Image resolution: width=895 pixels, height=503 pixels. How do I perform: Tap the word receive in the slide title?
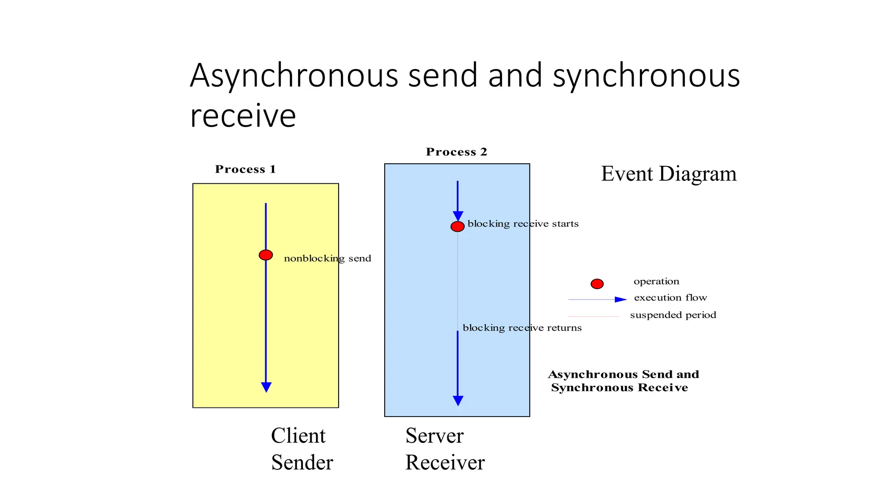[243, 116]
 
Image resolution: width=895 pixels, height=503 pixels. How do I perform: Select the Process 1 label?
[245, 169]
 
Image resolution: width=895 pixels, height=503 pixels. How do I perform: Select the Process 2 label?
[456, 152]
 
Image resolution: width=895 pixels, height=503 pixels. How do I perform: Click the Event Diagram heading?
[668, 174]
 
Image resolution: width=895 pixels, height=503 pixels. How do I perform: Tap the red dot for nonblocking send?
[266, 255]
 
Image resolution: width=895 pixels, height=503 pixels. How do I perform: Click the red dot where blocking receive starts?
[457, 227]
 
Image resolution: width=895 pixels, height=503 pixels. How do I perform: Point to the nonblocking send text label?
[327, 258]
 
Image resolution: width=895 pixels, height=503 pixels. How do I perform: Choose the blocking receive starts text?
[523, 224]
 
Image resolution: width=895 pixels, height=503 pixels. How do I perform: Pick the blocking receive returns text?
[522, 328]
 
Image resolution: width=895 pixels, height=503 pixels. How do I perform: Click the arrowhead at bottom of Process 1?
[266, 387]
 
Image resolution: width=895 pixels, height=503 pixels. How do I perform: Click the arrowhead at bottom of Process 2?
[458, 400]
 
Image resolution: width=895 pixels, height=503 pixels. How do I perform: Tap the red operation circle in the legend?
[597, 284]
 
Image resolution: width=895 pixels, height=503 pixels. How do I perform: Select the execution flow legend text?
[670, 298]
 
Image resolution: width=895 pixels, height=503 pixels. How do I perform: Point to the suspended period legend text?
[673, 315]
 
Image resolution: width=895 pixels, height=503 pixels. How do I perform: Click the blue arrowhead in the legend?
[620, 300]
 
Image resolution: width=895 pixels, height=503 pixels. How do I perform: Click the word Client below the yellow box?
[298, 436]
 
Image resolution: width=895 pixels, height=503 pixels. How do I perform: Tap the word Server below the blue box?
[434, 436]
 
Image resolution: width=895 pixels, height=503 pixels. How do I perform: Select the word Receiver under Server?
[444, 462]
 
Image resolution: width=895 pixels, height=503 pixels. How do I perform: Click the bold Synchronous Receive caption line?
[619, 388]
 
